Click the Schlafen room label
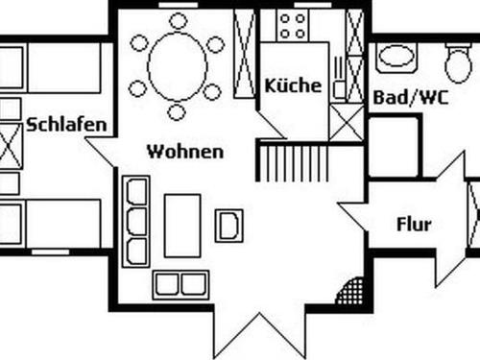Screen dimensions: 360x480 pyautogui.click(x=66, y=126)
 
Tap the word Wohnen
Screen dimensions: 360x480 pyautogui.click(x=185, y=152)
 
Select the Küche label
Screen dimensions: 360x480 pyautogui.click(x=293, y=85)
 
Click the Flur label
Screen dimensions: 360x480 pyautogui.click(x=414, y=226)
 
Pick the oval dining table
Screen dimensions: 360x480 pyautogui.click(x=177, y=66)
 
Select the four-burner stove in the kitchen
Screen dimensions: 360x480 pyautogui.click(x=292, y=26)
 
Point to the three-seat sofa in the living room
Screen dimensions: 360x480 pyautogui.click(x=136, y=221)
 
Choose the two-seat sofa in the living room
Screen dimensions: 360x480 pyautogui.click(x=180, y=283)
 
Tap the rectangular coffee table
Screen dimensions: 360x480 pyautogui.click(x=181, y=226)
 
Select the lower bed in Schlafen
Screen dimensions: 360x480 pyautogui.click(x=53, y=223)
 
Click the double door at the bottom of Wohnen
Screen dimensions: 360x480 pyautogui.click(x=257, y=331)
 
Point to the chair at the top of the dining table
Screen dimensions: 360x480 pyautogui.click(x=178, y=20)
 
